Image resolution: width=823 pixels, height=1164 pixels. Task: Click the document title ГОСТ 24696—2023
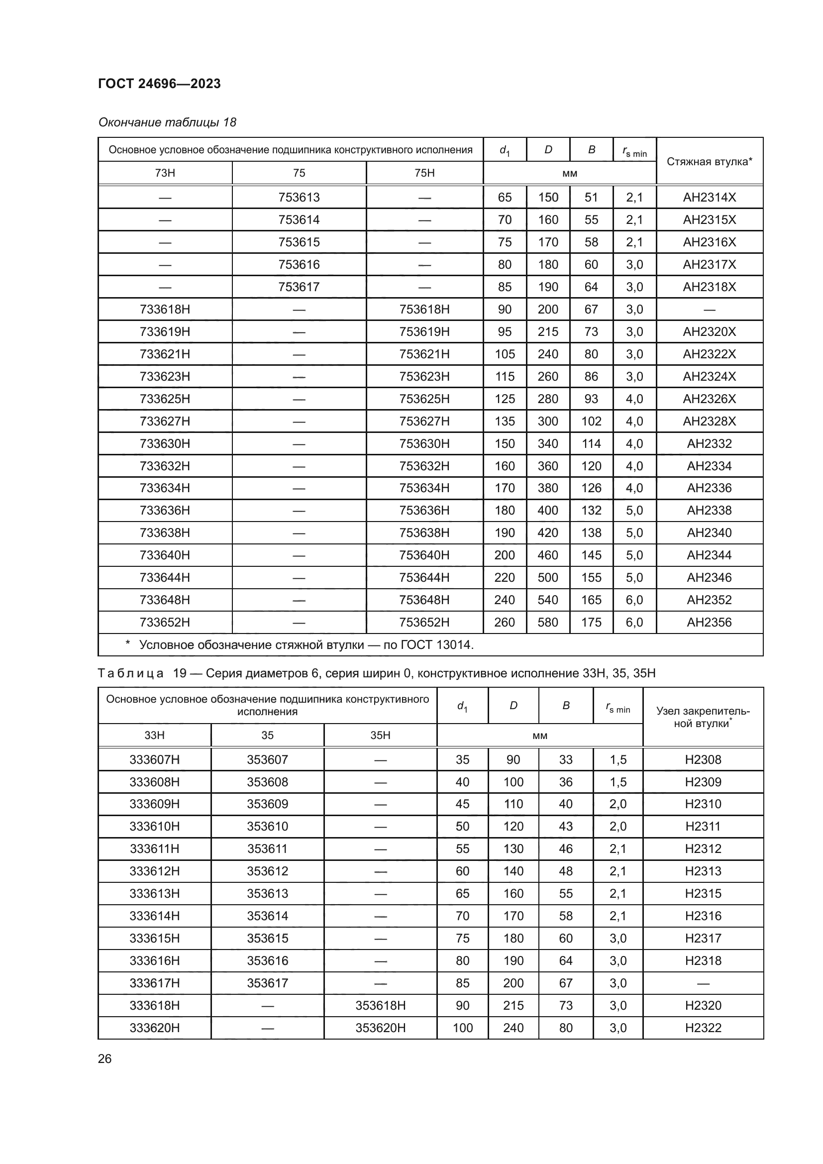tap(159, 84)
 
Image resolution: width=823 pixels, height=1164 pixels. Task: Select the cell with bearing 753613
tap(299, 197)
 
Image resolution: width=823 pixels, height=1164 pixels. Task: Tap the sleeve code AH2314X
tap(709, 197)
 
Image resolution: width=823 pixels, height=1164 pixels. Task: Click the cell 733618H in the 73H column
tap(165, 309)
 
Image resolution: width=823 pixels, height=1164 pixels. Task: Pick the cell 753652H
tap(424, 622)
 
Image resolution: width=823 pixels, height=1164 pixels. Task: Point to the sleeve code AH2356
tap(709, 622)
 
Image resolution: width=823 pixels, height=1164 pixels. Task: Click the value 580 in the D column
tap(548, 622)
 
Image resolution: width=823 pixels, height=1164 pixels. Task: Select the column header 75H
tap(424, 173)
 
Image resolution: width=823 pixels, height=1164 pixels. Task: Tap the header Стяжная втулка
tap(709, 162)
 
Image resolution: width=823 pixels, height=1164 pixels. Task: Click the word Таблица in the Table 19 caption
tap(131, 673)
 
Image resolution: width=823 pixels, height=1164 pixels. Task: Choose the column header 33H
tap(155, 735)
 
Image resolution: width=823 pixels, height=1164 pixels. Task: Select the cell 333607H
tap(155, 759)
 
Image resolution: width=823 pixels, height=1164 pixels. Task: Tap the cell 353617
tap(267, 983)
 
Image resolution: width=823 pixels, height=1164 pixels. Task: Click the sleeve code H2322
tap(703, 1028)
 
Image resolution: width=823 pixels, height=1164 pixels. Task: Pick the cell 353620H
tap(380, 1028)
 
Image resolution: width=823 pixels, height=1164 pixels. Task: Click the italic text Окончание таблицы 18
tap(167, 122)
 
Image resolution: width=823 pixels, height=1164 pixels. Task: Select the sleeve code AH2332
tap(709, 443)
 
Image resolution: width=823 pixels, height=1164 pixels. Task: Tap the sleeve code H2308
tap(703, 759)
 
